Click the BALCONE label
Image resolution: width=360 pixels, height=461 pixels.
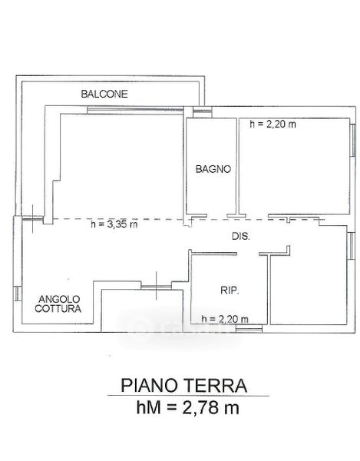click(x=104, y=94)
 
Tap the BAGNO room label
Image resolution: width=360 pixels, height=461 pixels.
click(x=213, y=169)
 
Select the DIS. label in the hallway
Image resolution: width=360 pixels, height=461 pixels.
click(x=241, y=236)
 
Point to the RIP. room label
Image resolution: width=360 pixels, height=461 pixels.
click(x=230, y=290)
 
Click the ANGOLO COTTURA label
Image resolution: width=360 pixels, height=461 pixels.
click(x=58, y=303)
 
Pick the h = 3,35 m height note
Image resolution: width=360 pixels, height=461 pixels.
click(x=114, y=224)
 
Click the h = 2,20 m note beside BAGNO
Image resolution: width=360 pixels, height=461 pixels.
click(x=272, y=124)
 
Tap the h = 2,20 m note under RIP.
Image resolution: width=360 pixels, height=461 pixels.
click(x=225, y=318)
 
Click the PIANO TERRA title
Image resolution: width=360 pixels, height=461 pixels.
click(x=183, y=386)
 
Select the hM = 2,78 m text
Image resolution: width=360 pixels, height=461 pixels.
click(x=188, y=407)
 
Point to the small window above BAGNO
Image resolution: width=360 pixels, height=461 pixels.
click(x=202, y=111)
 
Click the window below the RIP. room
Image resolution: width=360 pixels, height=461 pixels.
click(x=249, y=328)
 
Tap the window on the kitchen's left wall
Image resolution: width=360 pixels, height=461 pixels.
click(x=18, y=294)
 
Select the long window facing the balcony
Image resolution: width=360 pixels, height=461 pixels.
click(x=135, y=110)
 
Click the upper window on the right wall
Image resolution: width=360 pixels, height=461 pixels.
click(x=353, y=140)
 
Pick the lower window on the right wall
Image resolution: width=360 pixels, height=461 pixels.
click(x=350, y=246)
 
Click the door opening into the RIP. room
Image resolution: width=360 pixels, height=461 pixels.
click(x=248, y=254)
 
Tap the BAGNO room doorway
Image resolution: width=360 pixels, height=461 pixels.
click(x=216, y=216)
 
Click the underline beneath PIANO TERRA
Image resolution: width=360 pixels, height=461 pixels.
click(x=188, y=396)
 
